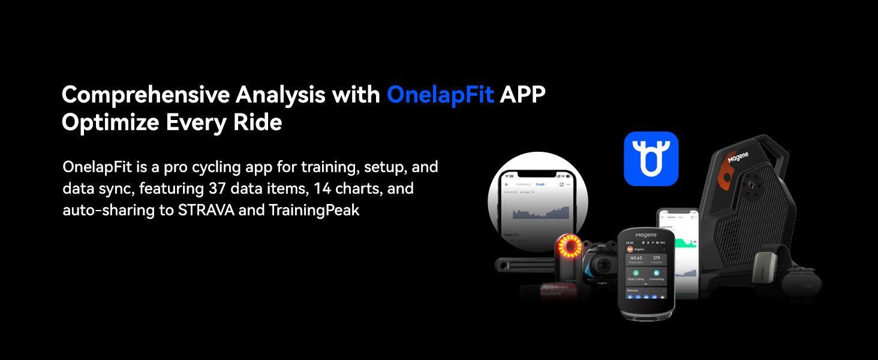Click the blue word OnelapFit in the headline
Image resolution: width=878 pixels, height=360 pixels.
tap(440, 95)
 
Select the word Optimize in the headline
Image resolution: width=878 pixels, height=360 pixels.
tap(110, 122)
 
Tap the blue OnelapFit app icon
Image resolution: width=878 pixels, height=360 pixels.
tap(651, 158)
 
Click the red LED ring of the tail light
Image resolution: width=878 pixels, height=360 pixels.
tap(568, 247)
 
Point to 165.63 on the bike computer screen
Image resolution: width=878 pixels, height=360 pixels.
tap(636, 258)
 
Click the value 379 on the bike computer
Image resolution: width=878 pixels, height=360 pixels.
tap(657, 258)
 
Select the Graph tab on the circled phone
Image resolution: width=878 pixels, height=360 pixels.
tap(540, 184)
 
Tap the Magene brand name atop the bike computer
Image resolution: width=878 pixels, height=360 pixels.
tap(646, 235)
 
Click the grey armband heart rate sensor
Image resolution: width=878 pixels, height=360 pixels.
tap(768, 263)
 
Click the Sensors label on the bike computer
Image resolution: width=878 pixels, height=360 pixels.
tap(633, 290)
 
